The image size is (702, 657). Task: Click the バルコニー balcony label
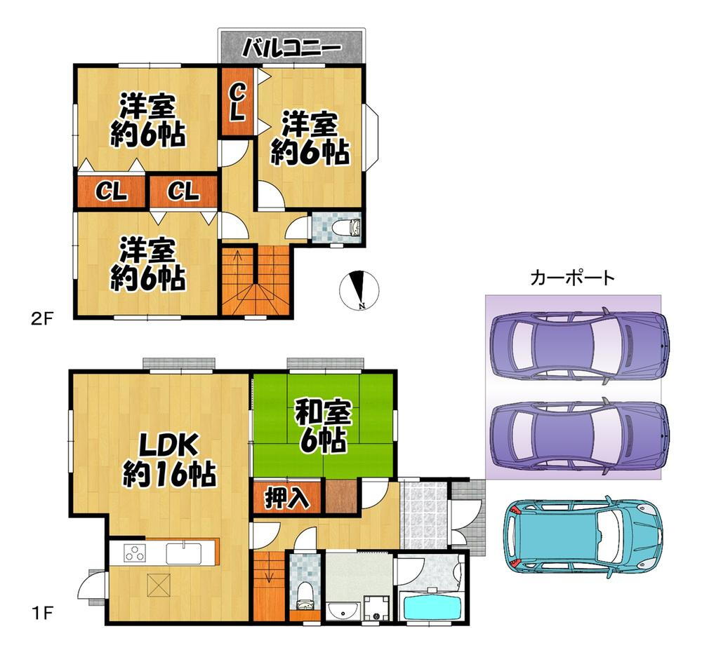[x=291, y=48]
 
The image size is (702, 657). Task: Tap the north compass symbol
[x=359, y=290]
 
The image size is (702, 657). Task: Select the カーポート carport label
[x=572, y=278]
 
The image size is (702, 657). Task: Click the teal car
[x=583, y=536]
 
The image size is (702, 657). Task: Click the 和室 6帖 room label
[x=323, y=427]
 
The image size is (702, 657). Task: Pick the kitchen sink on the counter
[x=183, y=553]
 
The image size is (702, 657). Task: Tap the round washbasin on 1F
[x=343, y=610]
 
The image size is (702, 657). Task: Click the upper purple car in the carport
[x=581, y=346]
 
